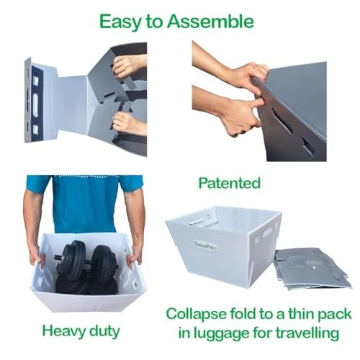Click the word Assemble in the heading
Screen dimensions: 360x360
[x=210, y=22]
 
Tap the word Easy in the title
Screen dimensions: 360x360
[x=120, y=22]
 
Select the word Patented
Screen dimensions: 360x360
[x=230, y=183]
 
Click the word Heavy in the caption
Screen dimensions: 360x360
[x=63, y=331]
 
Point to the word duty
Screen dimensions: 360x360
[x=104, y=331]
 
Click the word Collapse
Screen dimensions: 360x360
[x=196, y=314]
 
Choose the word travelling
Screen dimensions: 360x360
[x=307, y=333]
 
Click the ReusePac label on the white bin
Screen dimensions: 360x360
[x=206, y=246]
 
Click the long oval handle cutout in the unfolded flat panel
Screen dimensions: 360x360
[x=35, y=105]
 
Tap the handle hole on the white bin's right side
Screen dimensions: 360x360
[x=267, y=233]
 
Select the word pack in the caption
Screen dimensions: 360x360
[x=335, y=315]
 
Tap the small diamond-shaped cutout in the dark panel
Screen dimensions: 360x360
[x=308, y=145]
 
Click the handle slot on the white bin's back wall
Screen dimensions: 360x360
[x=198, y=221]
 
